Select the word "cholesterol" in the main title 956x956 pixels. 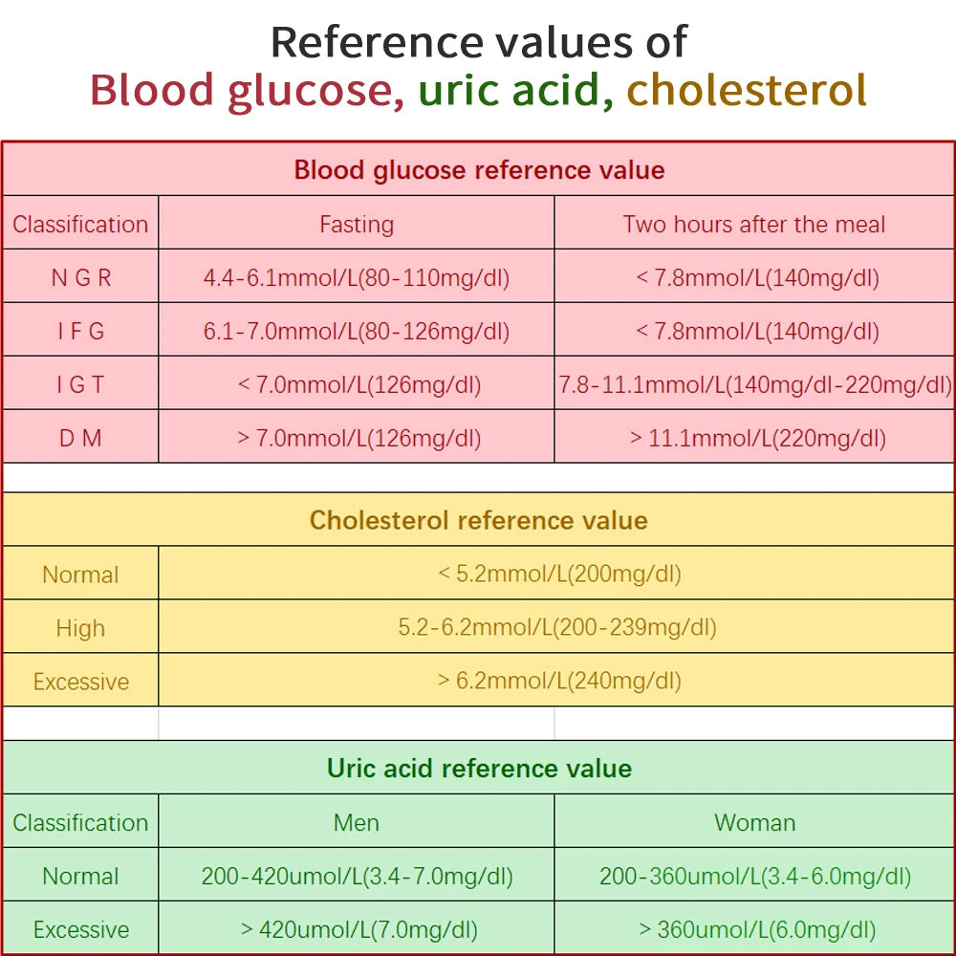click(747, 91)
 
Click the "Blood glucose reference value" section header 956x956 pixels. click(479, 170)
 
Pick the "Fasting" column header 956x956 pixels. click(357, 225)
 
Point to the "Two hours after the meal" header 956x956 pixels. click(754, 225)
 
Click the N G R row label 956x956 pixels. click(80, 278)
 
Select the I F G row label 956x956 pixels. click(80, 332)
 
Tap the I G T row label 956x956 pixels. click(80, 385)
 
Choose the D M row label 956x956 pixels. click(80, 439)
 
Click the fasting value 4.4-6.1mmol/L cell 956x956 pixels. click(357, 278)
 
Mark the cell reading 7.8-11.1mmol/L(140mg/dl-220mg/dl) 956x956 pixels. click(755, 385)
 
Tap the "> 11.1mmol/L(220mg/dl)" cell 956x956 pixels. click(754, 439)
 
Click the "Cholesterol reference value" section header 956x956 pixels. click(479, 521)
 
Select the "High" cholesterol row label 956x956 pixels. click(80, 628)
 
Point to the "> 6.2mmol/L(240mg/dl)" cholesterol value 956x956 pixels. click(558, 682)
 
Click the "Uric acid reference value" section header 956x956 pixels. click(479, 769)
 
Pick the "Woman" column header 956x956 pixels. click(754, 823)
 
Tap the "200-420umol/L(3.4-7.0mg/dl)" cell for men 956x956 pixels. click(357, 877)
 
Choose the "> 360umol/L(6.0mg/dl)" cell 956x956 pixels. click(754, 930)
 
